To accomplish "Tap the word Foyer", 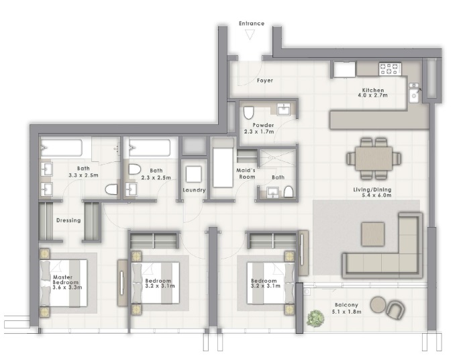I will point(264,81).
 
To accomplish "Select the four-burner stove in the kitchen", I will point(389,69).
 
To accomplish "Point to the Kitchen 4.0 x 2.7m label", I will point(373,93).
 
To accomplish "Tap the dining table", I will point(374,159).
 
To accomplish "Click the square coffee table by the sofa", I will point(373,234).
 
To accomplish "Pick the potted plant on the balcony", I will point(313,319).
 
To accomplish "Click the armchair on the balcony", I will point(396,310).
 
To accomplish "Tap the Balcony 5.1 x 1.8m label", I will point(348,308).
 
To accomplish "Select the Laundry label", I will point(193,190).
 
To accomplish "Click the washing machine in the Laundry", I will point(194,174).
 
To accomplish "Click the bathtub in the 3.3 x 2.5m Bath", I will point(60,148).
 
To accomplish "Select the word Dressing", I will point(68,220).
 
